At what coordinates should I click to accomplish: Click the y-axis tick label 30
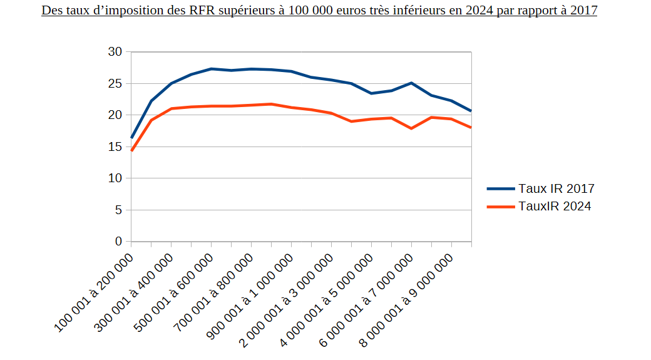point(115,52)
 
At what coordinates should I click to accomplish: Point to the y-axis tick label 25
point(115,83)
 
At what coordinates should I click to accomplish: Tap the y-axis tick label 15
point(115,147)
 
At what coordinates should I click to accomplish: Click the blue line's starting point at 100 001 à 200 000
point(131,138)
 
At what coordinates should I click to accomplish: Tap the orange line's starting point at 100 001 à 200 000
point(131,151)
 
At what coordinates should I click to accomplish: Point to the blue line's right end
point(471,111)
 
